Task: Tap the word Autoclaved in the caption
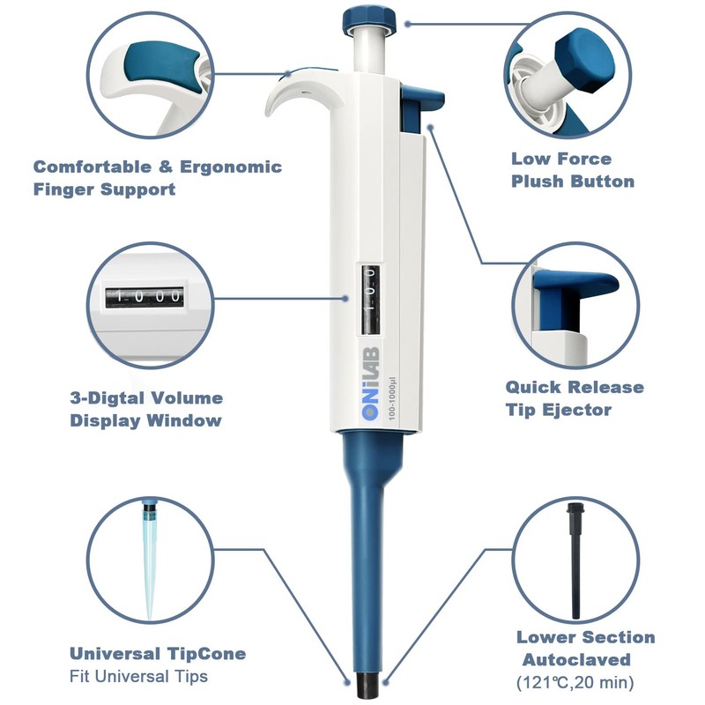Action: tap(575, 659)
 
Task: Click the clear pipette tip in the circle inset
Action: tap(147, 564)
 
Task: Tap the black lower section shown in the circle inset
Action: tap(575, 564)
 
